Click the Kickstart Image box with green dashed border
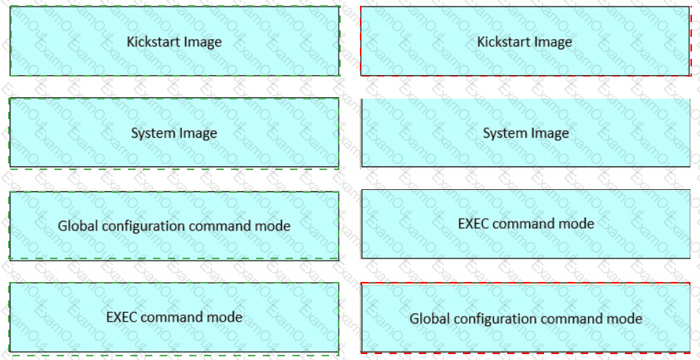click(x=174, y=41)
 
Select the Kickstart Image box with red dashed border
click(x=525, y=41)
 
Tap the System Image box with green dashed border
click(x=174, y=133)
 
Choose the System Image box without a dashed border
click(x=525, y=133)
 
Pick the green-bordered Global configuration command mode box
click(x=174, y=225)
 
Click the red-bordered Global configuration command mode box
click(x=525, y=318)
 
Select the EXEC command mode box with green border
click(x=174, y=317)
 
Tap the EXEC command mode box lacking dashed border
click(x=525, y=223)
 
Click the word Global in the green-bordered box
click(x=77, y=226)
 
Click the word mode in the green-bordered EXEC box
click(x=227, y=317)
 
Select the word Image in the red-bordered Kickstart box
click(x=554, y=42)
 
